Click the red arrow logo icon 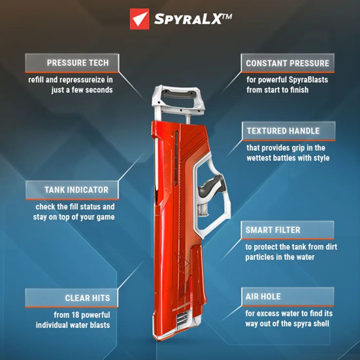click(139, 19)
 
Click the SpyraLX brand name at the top click(192, 19)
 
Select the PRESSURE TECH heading click(77, 63)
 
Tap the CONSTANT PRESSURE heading click(287, 63)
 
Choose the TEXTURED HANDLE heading click(283, 131)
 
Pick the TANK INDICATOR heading click(77, 190)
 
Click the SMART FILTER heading click(273, 230)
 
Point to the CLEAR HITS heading click(88, 298)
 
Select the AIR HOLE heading click(264, 296)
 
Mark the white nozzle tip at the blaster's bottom click(180, 321)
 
